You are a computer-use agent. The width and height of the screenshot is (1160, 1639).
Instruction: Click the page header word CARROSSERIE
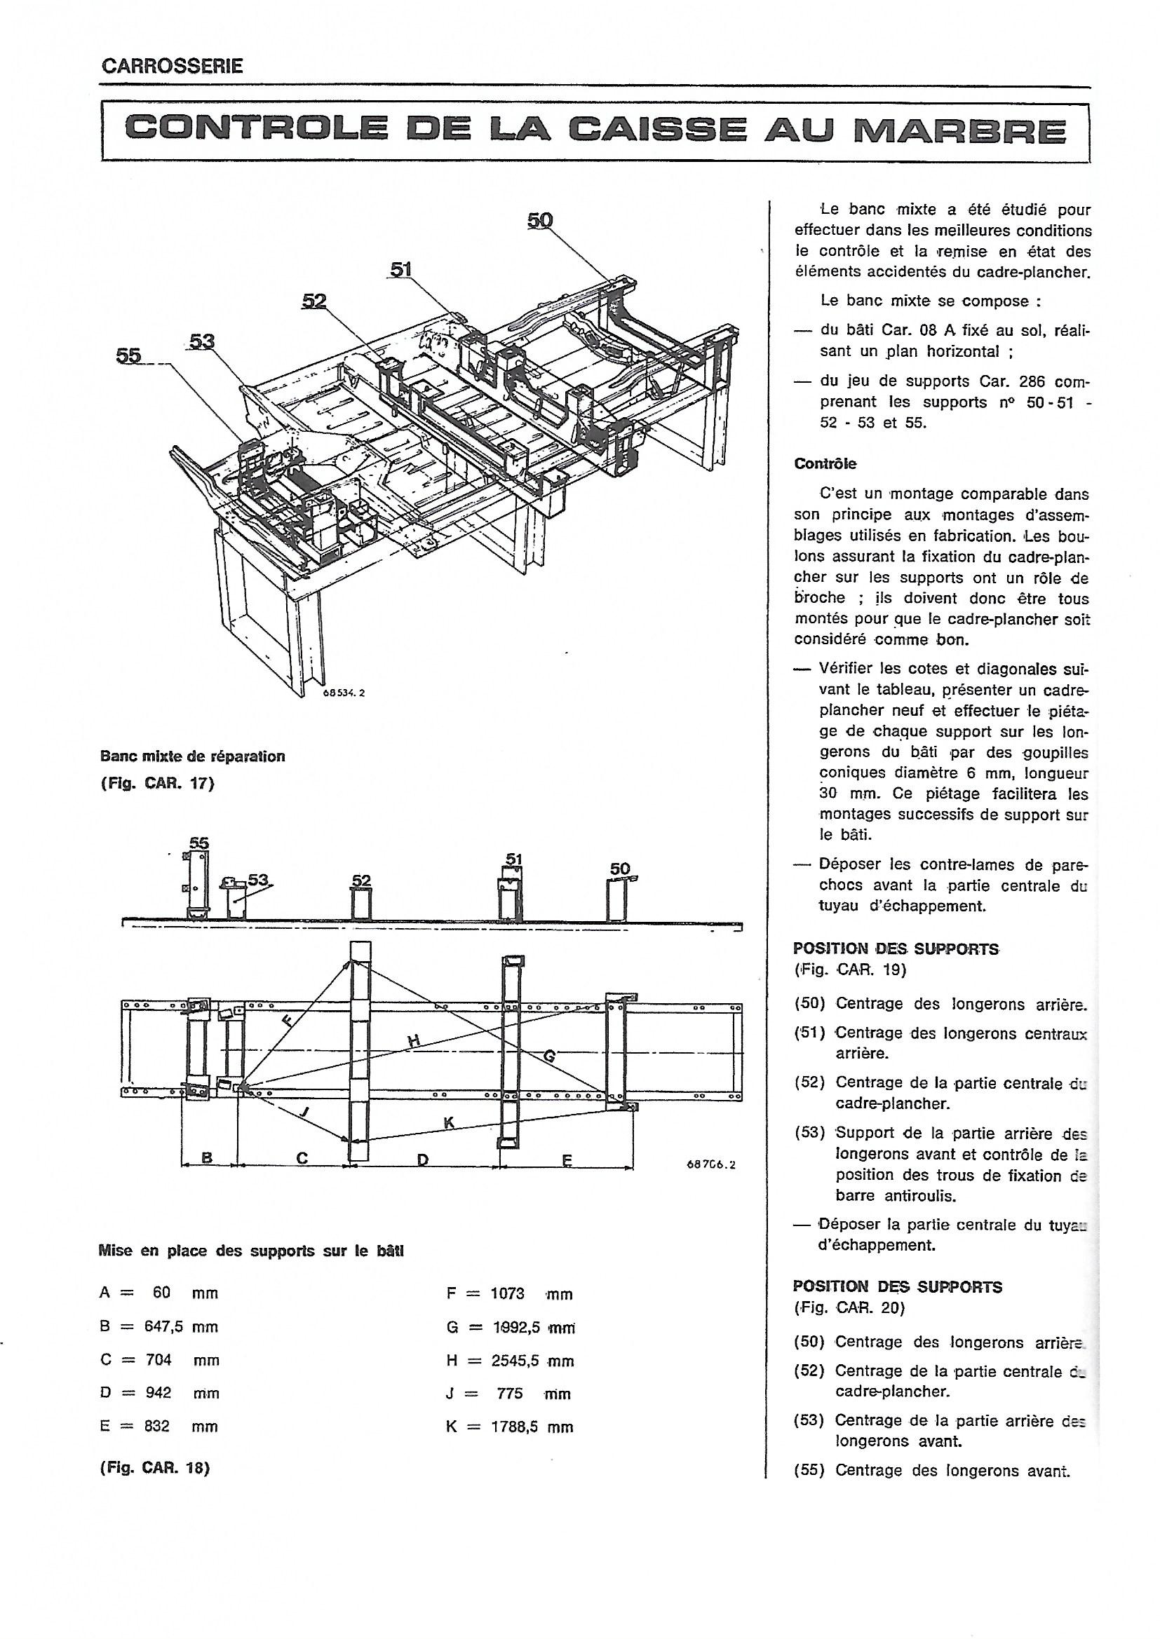173,67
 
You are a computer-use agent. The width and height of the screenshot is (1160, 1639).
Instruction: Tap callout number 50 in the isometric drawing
540,221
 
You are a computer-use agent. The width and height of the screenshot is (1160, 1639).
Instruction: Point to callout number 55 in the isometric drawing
128,355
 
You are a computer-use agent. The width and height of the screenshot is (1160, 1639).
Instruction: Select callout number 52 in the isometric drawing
313,301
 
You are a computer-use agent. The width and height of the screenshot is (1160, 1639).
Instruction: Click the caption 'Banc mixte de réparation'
192,756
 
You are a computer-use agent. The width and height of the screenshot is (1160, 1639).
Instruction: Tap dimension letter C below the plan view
302,1158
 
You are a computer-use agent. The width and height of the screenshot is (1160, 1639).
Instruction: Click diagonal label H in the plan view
413,1042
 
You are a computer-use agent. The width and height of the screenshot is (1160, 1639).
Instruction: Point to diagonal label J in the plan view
306,1110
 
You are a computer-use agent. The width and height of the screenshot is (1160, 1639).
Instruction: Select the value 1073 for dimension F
507,1293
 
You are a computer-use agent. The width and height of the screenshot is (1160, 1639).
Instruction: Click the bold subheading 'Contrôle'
825,463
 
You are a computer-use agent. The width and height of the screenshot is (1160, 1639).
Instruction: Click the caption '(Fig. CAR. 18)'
155,1468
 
